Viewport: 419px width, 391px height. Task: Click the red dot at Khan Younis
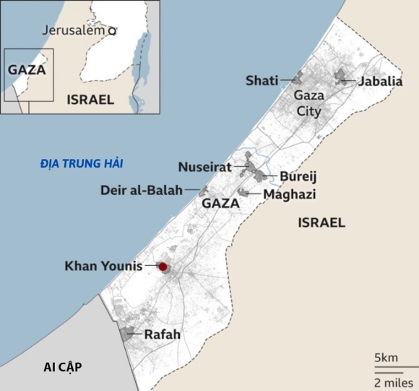pyautogui.click(x=163, y=267)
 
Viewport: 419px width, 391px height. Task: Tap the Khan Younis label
pyautogui.click(x=104, y=266)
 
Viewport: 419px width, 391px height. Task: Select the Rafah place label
pyautogui.click(x=162, y=335)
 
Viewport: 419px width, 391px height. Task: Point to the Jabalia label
pyautogui.click(x=380, y=81)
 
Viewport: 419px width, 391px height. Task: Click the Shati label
pyautogui.click(x=262, y=80)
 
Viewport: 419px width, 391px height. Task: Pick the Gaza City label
pyautogui.click(x=308, y=103)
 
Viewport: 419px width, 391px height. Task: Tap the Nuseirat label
pyautogui.click(x=204, y=168)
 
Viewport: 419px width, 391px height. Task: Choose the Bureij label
pyautogui.click(x=298, y=176)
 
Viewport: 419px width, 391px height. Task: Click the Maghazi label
pyautogui.click(x=290, y=194)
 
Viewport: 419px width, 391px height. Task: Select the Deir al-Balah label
pyautogui.click(x=141, y=190)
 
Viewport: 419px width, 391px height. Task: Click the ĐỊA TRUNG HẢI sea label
pyautogui.click(x=81, y=164)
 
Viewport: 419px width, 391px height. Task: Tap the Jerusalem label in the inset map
pyautogui.click(x=74, y=30)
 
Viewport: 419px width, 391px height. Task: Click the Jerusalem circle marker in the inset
pyautogui.click(x=112, y=31)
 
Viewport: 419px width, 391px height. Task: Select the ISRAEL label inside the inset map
pyautogui.click(x=90, y=100)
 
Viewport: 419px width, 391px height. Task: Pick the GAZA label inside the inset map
pyautogui.click(x=27, y=70)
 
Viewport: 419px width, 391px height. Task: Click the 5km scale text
pyautogui.click(x=386, y=358)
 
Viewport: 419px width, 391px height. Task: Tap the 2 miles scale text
pyautogui.click(x=393, y=381)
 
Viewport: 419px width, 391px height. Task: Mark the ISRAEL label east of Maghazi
pyautogui.click(x=321, y=223)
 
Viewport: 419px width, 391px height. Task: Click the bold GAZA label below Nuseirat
pyautogui.click(x=220, y=204)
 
